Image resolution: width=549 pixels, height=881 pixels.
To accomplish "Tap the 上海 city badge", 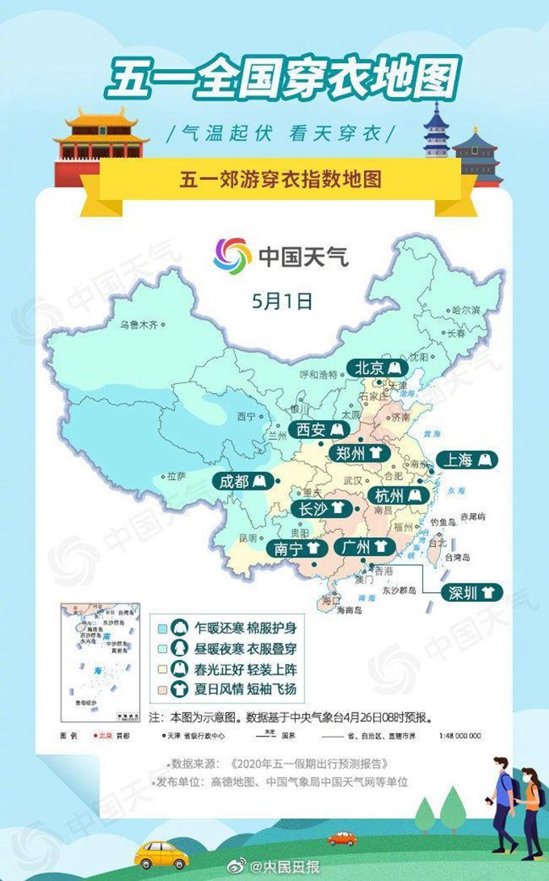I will pos(467,460).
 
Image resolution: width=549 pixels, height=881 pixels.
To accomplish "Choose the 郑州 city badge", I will pos(358,453).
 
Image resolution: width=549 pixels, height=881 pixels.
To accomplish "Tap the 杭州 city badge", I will pos(398,495).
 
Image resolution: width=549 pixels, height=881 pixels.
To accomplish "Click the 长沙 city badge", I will pos(323,509).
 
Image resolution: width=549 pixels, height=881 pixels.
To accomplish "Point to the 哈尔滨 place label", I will pos(466,310).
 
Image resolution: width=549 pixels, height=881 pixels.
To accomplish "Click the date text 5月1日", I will pos(281,302).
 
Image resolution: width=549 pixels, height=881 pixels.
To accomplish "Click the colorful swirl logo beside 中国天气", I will pos(233,257).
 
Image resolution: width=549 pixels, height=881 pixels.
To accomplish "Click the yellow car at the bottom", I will pos(160,853).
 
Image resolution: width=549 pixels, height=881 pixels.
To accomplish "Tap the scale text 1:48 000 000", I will pos(461,736).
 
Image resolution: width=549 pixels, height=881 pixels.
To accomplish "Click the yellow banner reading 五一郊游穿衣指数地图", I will pos(279,179).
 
